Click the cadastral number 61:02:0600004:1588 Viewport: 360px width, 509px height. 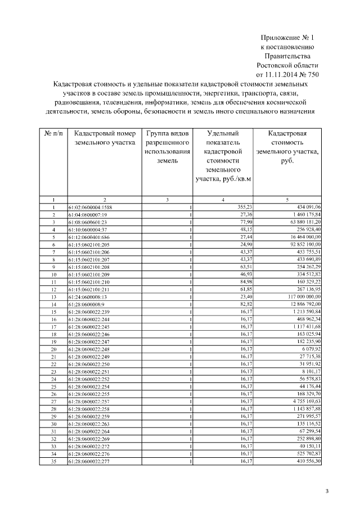91,208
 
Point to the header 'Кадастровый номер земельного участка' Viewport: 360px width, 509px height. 105,138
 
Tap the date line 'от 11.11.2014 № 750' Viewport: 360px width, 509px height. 287,74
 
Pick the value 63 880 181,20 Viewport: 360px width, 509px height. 301,222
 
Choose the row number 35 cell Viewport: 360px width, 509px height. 53,461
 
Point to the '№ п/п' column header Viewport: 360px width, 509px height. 53,134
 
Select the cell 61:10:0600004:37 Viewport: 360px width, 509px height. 87,230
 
